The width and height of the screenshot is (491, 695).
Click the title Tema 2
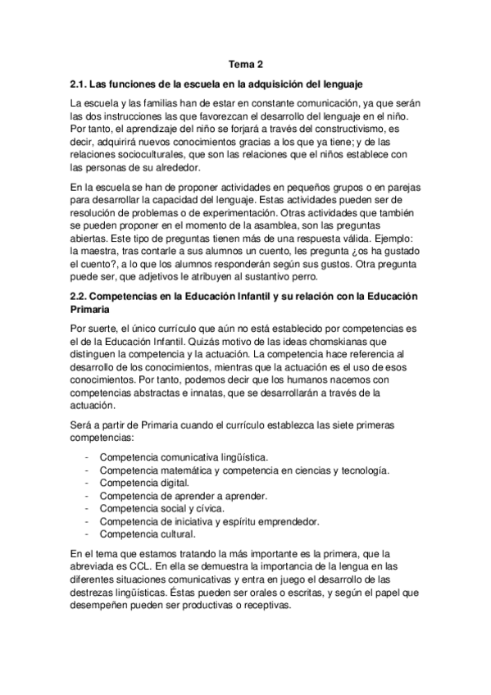click(245, 65)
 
